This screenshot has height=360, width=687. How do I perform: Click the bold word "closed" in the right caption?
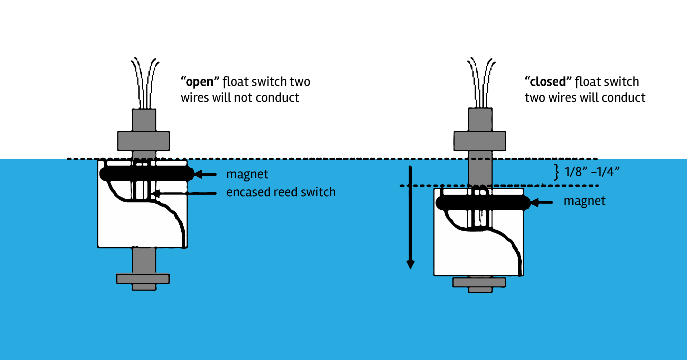point(548,82)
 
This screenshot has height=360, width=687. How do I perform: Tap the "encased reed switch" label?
point(281,192)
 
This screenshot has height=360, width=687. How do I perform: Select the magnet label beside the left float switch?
point(247,174)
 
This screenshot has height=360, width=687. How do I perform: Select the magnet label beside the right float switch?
point(584,201)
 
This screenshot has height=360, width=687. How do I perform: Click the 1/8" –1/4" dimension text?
point(592,172)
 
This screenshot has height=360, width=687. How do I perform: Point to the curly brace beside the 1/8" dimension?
point(556,172)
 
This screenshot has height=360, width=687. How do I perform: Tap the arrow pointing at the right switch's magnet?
point(542,202)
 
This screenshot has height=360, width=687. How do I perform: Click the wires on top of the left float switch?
point(145,83)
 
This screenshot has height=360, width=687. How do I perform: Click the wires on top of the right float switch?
point(481,83)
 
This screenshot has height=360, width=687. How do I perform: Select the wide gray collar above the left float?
point(143,141)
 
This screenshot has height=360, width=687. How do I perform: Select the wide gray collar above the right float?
point(479,141)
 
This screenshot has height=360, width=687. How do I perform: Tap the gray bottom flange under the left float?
point(143,279)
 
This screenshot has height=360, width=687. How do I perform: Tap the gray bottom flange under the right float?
point(479,282)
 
